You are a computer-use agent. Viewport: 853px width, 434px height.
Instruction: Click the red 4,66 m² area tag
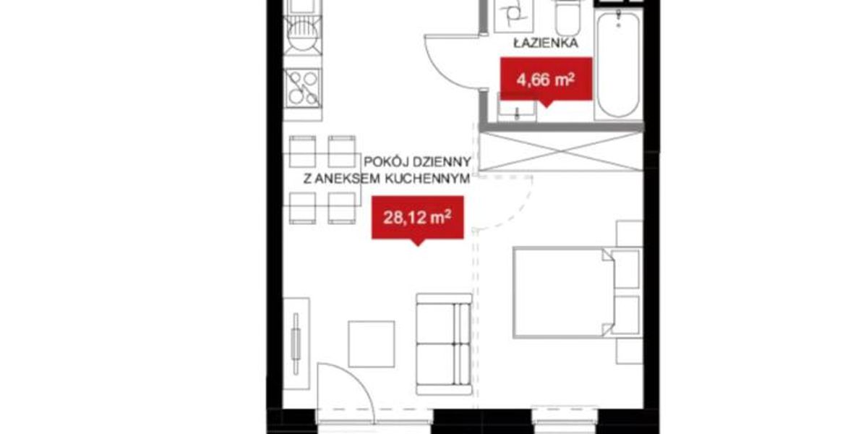click(546, 80)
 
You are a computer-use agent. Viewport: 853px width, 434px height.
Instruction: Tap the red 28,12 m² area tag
click(417, 219)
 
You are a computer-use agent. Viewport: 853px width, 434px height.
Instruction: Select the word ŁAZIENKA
click(546, 43)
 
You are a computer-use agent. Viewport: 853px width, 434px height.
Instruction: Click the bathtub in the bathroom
click(619, 65)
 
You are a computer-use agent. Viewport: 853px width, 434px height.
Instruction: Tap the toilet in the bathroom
click(568, 17)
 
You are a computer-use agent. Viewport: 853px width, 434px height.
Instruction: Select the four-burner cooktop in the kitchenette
click(302, 88)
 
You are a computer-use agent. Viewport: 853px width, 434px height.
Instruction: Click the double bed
click(564, 292)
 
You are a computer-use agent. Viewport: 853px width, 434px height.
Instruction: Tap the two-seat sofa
click(444, 344)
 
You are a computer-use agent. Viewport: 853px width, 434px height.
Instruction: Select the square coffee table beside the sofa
click(371, 344)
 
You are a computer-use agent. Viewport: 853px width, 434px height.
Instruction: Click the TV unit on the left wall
click(296, 344)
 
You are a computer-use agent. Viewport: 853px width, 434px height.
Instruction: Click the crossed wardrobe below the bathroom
click(561, 152)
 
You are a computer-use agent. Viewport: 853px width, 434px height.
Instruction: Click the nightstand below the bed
click(630, 350)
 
